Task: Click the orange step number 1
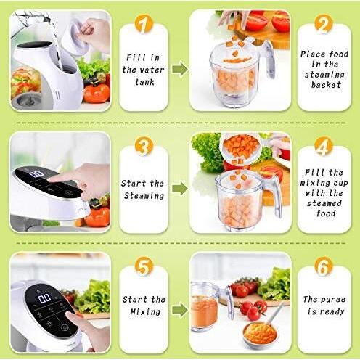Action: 144,27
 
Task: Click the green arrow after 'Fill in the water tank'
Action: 179,69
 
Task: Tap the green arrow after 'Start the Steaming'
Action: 179,189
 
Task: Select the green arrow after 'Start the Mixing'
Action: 179,311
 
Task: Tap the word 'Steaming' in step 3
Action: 144,195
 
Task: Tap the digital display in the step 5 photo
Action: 45,298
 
